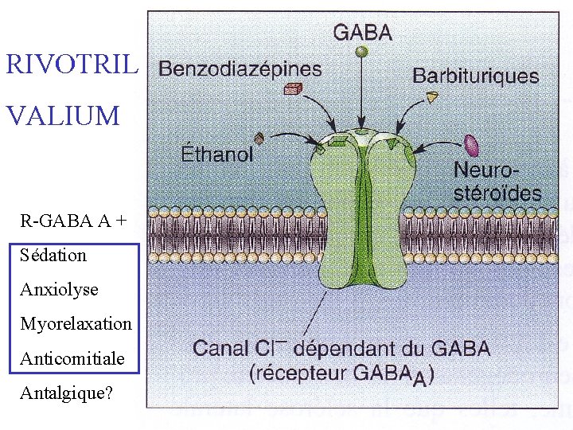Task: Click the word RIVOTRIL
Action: pyautogui.click(x=72, y=64)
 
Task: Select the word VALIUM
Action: pyautogui.click(x=63, y=116)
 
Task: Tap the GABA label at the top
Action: pyautogui.click(x=362, y=33)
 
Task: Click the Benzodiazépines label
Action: pyautogui.click(x=240, y=68)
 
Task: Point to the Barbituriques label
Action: pyautogui.click(x=475, y=76)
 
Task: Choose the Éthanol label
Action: pyautogui.click(x=217, y=154)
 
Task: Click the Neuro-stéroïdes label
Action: pyautogui.click(x=497, y=181)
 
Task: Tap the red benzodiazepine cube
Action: pyautogui.click(x=295, y=89)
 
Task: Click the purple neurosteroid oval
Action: pyautogui.click(x=471, y=145)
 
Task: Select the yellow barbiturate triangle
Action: pyautogui.click(x=432, y=97)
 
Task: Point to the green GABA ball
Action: pyautogui.click(x=362, y=52)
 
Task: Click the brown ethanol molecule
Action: pyautogui.click(x=259, y=137)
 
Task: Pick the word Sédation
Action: pyautogui.click(x=53, y=256)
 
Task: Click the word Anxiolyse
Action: pyautogui.click(x=59, y=290)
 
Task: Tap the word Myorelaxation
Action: pyautogui.click(x=76, y=324)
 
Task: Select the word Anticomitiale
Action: pyautogui.click(x=72, y=358)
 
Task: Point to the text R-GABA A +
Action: pyautogui.click(x=72, y=221)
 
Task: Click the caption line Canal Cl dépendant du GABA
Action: pyautogui.click(x=341, y=349)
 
